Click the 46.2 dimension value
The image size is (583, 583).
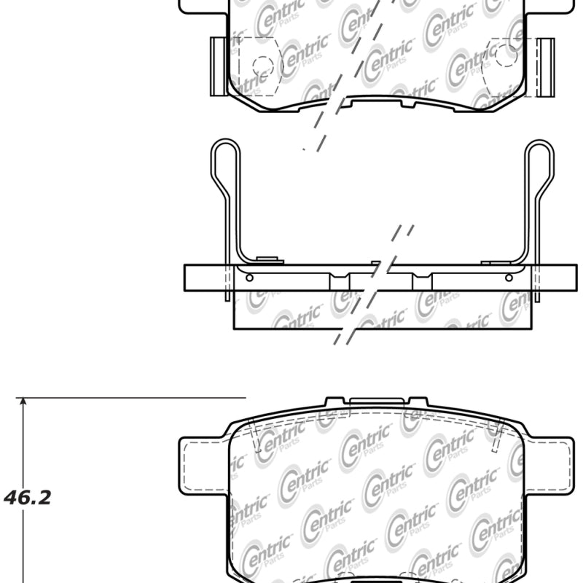point(28,498)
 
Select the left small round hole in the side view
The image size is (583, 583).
point(250,278)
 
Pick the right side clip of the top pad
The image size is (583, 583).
point(545,66)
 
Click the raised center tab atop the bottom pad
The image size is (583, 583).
point(376,400)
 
